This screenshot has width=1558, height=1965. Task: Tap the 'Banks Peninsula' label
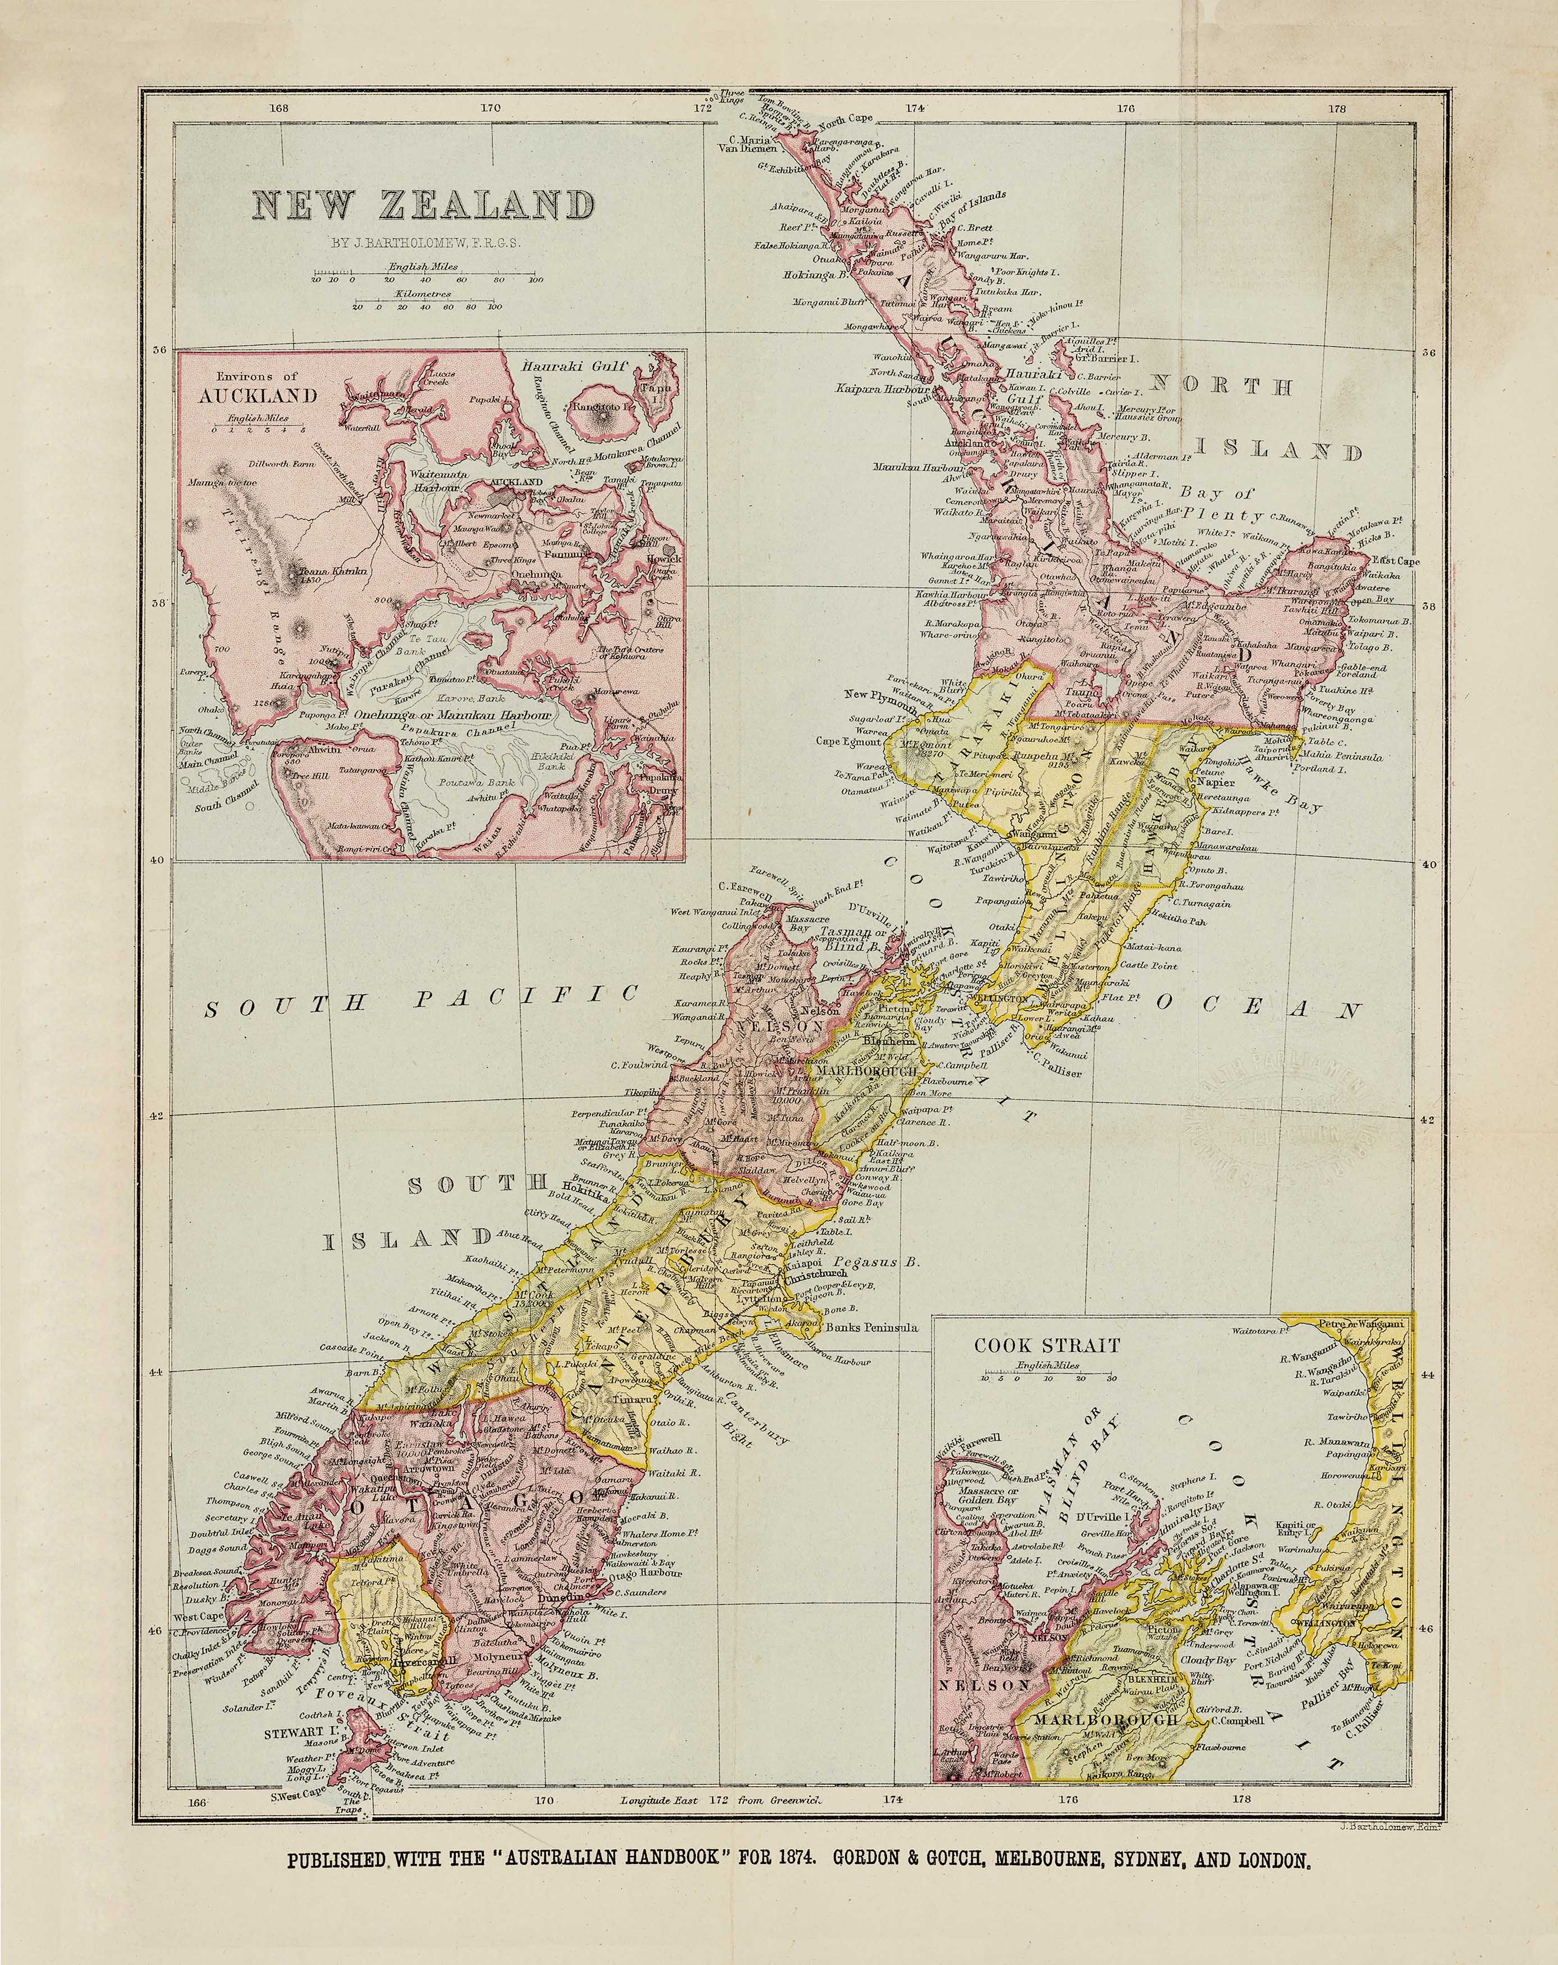pos(870,1327)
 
